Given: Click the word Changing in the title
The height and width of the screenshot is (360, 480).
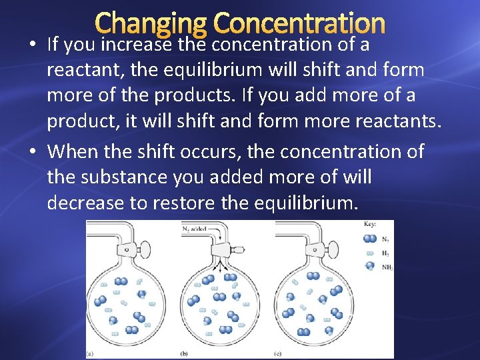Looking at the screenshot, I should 150,24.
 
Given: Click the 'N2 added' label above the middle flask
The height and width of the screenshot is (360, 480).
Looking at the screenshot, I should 195,229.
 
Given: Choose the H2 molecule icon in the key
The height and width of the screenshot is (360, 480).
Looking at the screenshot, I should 369,253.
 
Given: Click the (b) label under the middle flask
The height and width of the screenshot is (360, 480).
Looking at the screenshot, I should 186,354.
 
